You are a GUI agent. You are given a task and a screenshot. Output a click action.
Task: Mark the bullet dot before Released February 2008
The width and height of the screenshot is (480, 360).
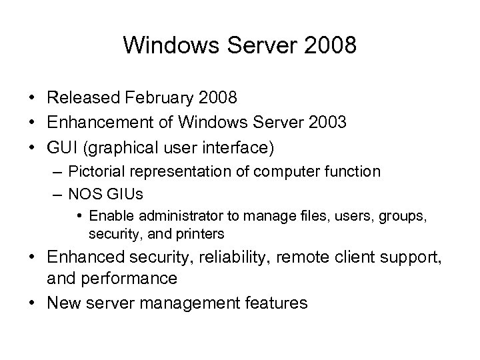click(x=33, y=99)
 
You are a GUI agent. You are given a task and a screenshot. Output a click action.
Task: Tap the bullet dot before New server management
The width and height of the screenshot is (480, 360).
click(x=33, y=303)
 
